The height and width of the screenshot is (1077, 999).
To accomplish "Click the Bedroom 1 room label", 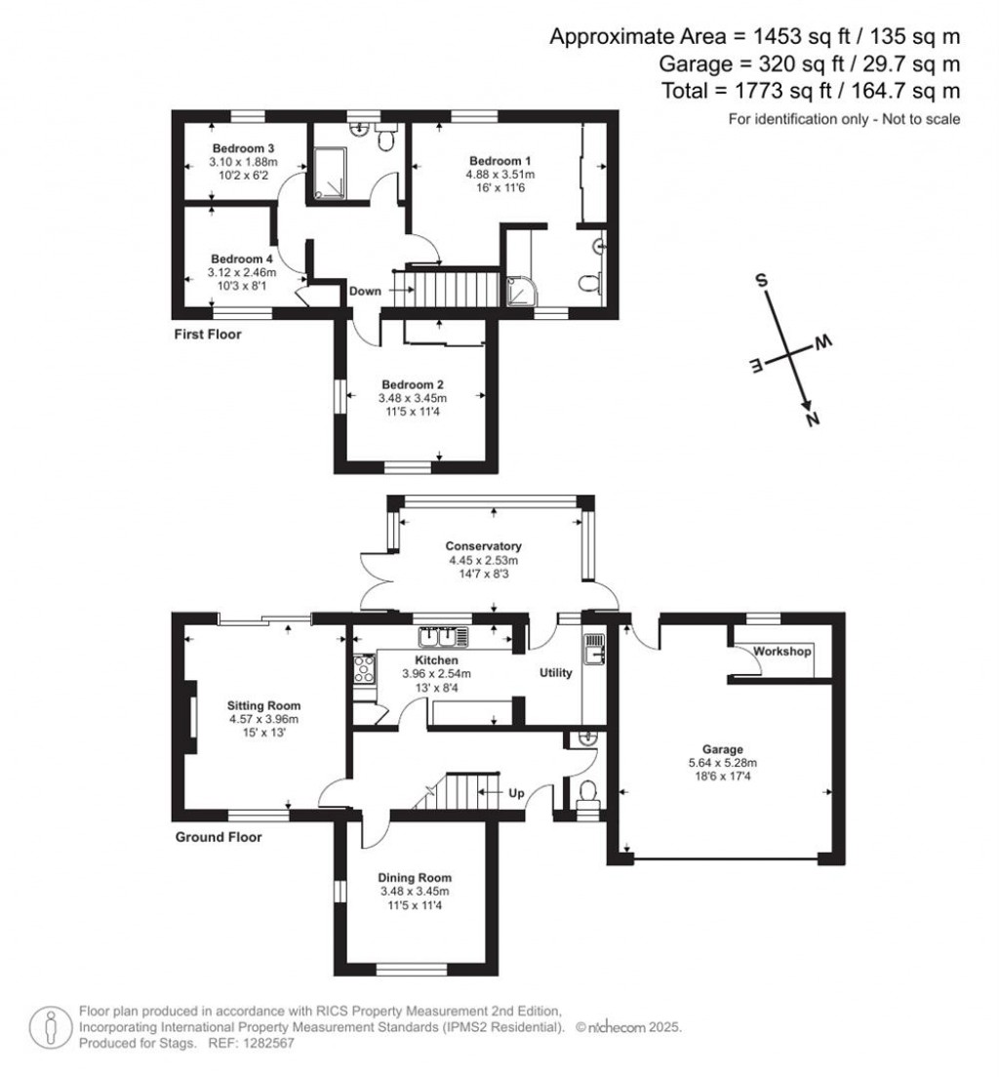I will coord(501,160).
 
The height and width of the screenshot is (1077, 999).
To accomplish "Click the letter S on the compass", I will coord(764,280).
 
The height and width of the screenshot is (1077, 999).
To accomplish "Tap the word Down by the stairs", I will coord(365,291).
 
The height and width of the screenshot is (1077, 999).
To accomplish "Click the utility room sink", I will coord(593,645).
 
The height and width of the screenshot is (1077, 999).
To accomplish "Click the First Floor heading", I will coord(209,335).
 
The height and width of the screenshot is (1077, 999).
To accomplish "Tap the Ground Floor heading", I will coord(219,837).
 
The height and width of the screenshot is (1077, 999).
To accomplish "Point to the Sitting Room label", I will coord(263,705).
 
